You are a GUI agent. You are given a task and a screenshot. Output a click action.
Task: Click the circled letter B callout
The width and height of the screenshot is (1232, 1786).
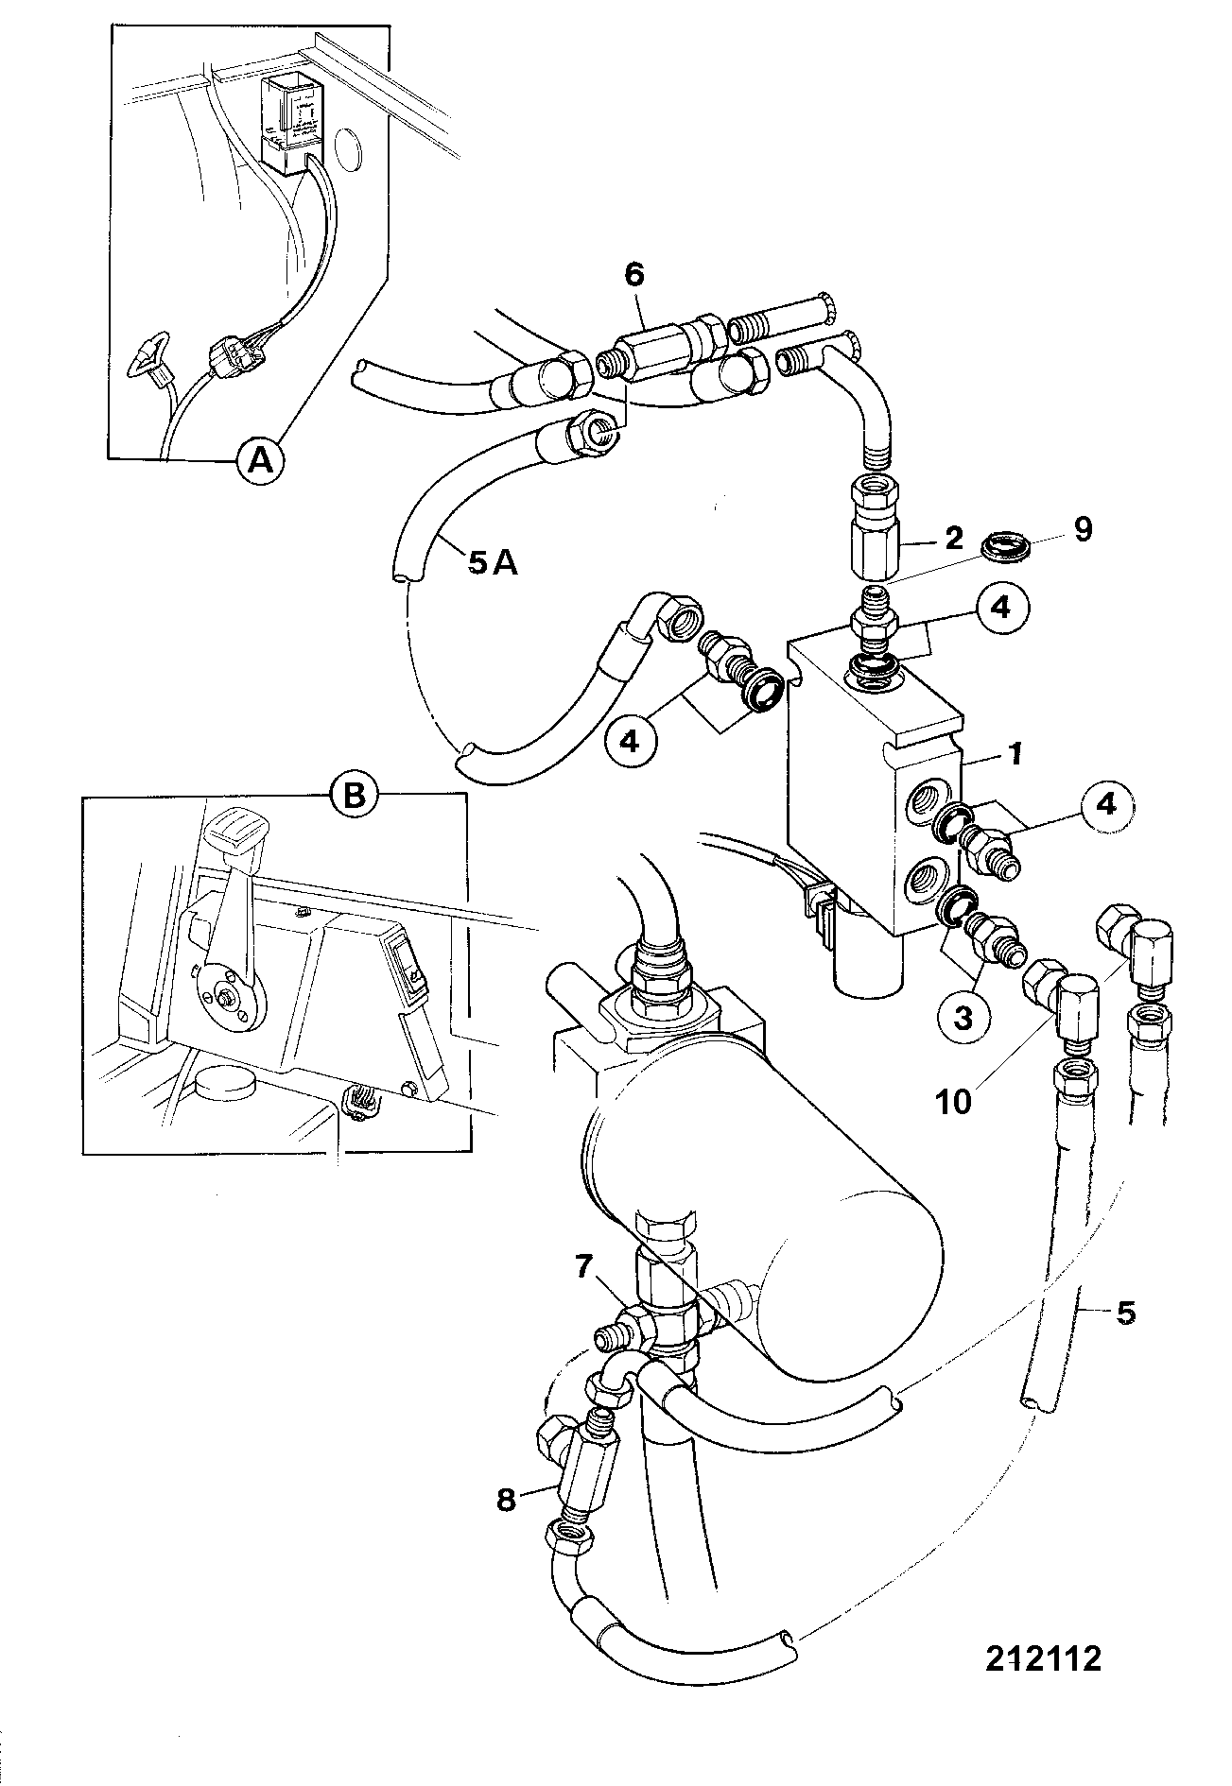(x=353, y=796)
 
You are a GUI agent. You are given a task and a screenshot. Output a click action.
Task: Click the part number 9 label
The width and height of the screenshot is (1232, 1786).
(x=1083, y=529)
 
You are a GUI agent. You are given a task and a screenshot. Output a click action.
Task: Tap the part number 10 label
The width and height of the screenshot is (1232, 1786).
(x=953, y=1102)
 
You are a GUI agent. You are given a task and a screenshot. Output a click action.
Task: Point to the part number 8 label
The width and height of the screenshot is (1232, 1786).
(x=507, y=1500)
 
